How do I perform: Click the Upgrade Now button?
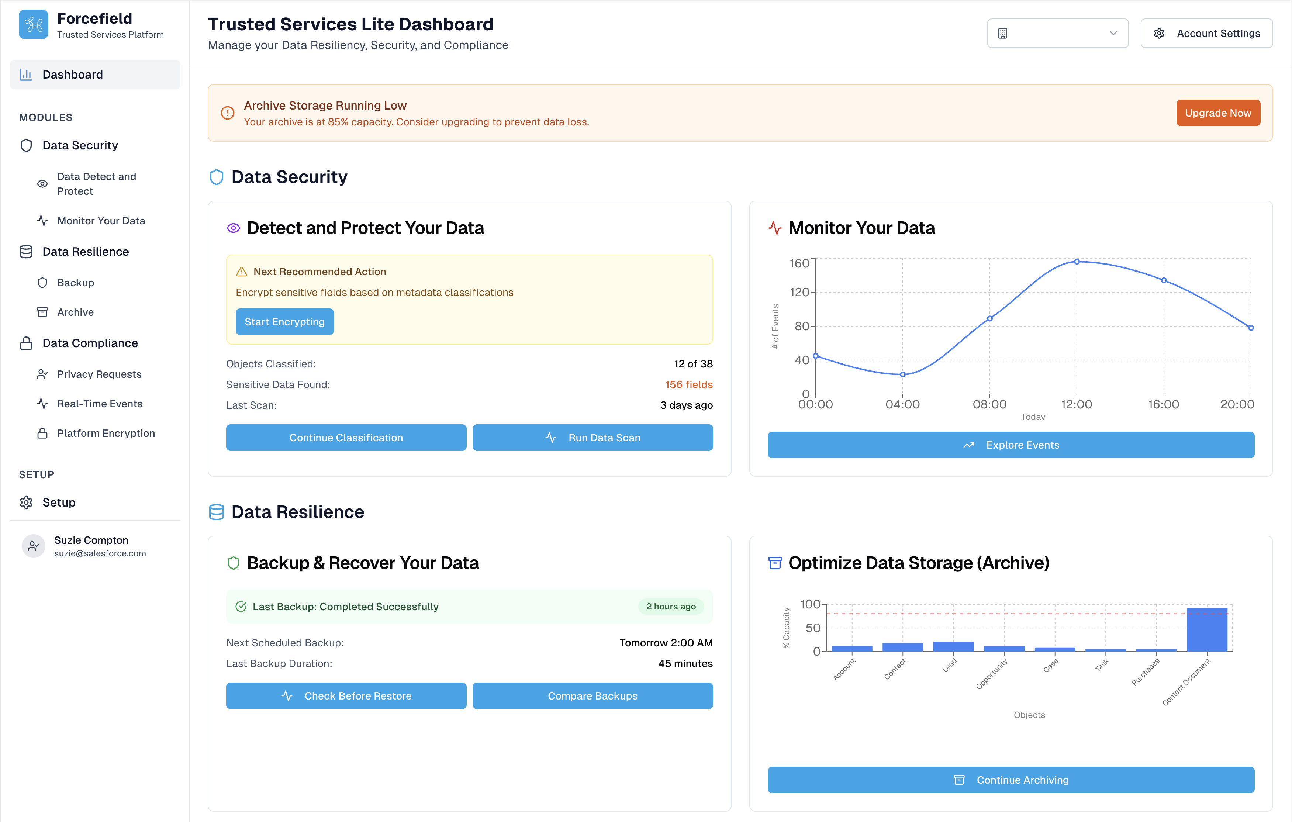1217,113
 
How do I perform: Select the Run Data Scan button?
593,438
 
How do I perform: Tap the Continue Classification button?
346,438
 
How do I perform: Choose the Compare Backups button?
593,696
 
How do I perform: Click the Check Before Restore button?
346,696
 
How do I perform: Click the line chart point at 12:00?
1076,262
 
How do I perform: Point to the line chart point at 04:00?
902,374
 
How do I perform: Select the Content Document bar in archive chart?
1207,629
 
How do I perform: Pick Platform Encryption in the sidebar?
106,434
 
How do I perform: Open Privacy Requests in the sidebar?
99,374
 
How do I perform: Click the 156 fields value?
688,385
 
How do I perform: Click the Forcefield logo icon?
33,25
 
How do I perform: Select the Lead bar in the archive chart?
953,646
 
